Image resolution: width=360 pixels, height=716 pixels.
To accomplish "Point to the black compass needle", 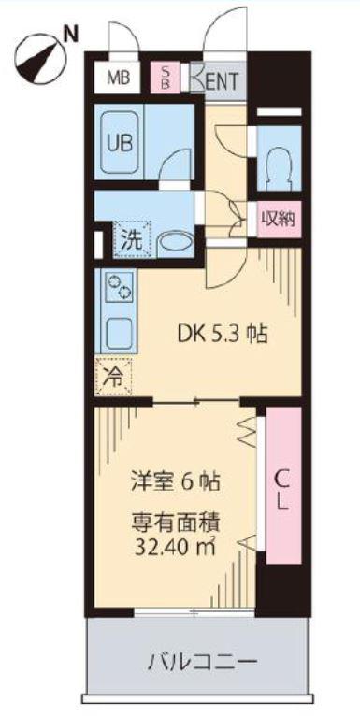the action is click(36, 63).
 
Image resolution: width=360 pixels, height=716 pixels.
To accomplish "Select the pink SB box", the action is click(165, 78).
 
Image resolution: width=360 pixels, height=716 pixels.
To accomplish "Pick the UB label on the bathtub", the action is click(120, 143).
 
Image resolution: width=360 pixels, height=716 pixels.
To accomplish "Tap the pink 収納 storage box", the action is click(279, 219).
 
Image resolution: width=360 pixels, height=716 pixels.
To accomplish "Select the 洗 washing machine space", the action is click(132, 238).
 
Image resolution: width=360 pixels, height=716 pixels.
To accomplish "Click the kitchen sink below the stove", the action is click(119, 334).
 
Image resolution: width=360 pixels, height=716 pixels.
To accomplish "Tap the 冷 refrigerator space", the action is click(113, 377).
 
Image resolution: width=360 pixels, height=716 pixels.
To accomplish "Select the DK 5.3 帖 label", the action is click(222, 336).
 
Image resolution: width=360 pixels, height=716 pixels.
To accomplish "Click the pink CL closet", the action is click(283, 486).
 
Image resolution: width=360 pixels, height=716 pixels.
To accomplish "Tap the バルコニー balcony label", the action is click(201, 661).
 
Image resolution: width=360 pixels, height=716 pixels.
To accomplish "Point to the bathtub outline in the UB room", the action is click(120, 143).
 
